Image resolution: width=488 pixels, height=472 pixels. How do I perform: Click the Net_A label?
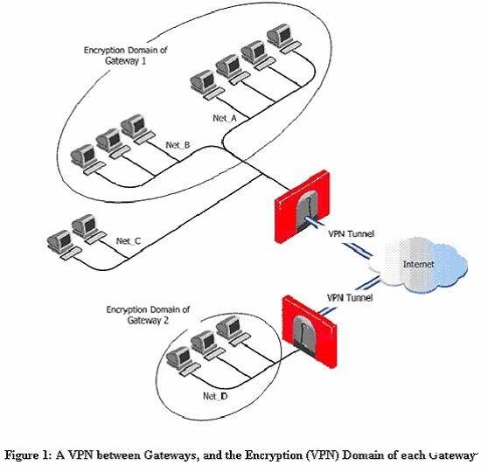[x=225, y=118]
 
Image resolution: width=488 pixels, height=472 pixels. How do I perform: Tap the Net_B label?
[x=178, y=145]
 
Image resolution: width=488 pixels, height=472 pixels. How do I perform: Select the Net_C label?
[x=129, y=241]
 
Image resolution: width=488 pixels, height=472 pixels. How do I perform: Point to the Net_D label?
[x=215, y=396]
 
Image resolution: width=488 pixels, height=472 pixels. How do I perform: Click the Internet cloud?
[x=420, y=264]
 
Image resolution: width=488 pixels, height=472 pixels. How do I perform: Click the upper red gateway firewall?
[x=303, y=206]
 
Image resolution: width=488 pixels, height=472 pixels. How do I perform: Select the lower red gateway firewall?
[x=310, y=332]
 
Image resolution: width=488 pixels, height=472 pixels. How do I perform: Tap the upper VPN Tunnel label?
[x=352, y=233]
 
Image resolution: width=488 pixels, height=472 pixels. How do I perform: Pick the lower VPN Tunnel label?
[x=350, y=298]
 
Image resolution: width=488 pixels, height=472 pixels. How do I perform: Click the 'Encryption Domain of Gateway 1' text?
[x=125, y=55]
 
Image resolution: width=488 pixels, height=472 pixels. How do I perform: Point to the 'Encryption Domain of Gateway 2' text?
[x=148, y=315]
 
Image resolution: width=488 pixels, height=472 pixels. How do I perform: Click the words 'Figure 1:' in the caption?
[x=27, y=455]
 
